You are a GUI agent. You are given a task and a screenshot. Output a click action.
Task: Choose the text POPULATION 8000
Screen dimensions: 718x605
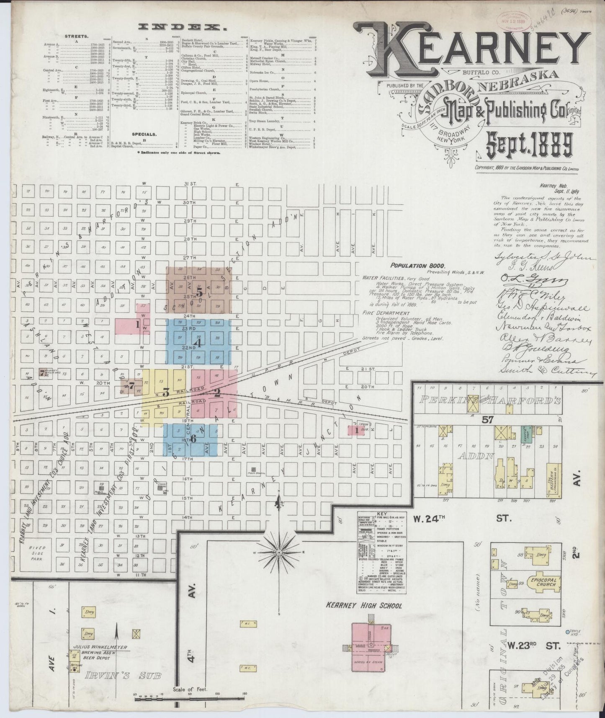pos(417,266)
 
